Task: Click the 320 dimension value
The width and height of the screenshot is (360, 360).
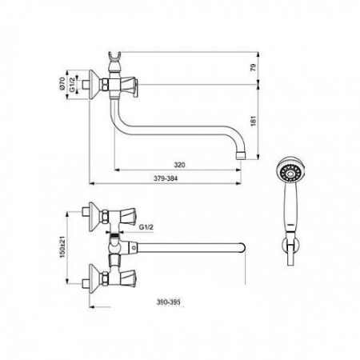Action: (179, 165)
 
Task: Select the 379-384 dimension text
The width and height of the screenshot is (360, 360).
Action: (166, 178)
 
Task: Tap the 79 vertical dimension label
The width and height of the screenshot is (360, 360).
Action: (254, 67)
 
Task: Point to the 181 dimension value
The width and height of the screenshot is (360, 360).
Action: (254, 121)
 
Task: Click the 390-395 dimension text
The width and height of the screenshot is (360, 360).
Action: (168, 302)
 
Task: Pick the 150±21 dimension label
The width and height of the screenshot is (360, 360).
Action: (62, 247)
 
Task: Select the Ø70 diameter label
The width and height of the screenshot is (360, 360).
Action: (62, 83)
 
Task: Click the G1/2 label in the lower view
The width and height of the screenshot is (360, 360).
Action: (146, 227)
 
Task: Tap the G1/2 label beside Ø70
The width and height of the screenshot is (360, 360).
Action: (72, 85)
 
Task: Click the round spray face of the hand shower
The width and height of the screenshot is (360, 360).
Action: (290, 171)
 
